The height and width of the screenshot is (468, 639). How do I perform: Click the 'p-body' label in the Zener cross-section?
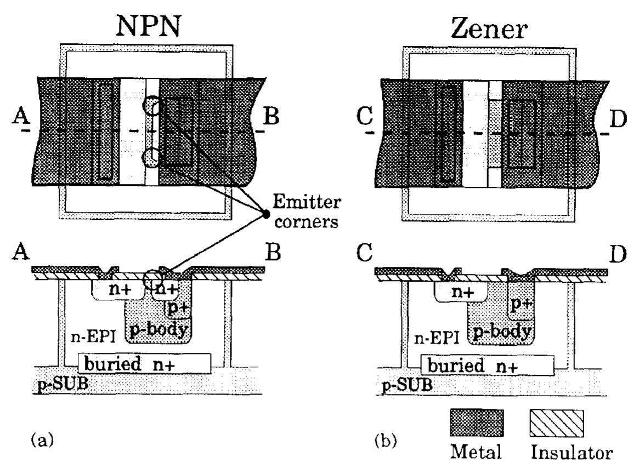tap(500, 332)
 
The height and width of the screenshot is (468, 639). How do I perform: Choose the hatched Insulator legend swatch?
tap(556, 424)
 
